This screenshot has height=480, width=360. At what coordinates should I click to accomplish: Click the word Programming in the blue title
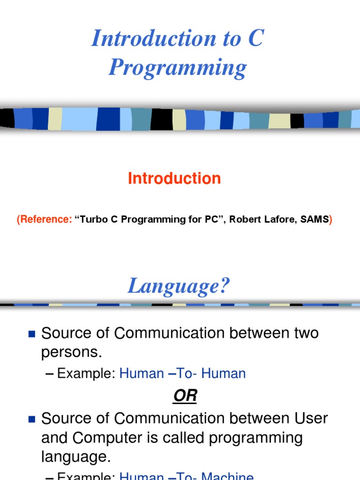(x=178, y=67)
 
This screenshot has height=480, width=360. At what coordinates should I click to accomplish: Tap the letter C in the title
(x=255, y=38)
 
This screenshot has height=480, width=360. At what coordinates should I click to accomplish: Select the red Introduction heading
(x=174, y=179)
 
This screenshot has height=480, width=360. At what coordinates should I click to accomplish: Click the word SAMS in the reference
(x=315, y=219)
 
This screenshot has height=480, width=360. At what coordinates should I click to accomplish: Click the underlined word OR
(x=186, y=396)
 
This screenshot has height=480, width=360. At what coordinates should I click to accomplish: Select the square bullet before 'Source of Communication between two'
(x=32, y=334)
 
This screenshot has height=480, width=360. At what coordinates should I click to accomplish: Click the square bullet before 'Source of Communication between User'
(x=32, y=419)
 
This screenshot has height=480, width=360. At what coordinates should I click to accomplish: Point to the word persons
(x=71, y=352)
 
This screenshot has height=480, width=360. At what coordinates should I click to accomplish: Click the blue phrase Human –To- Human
(x=183, y=374)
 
